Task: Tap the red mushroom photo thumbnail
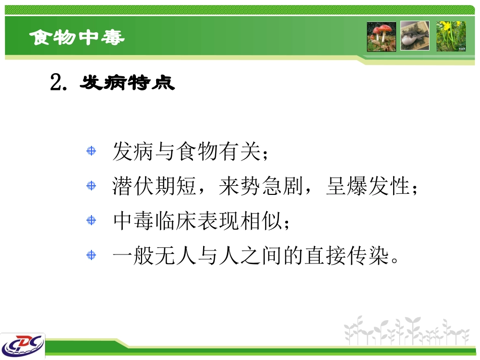(x=381, y=36)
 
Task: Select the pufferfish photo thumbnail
(x=415, y=36)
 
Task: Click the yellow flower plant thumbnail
(x=451, y=36)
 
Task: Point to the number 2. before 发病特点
(x=59, y=83)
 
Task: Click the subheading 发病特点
(x=127, y=83)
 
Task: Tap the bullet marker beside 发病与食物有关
(x=91, y=151)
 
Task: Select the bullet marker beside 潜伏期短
(x=91, y=186)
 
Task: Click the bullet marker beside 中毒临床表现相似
(x=91, y=220)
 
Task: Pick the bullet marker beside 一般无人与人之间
(x=91, y=255)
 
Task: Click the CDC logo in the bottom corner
(x=23, y=346)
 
